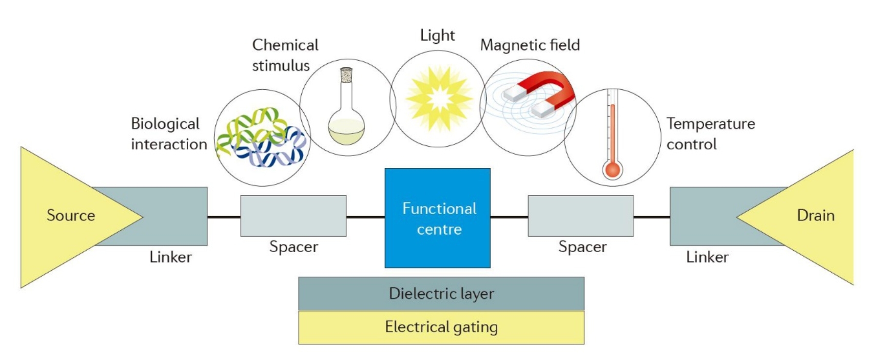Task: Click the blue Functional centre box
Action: coord(437,218)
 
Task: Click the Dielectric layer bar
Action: coord(441,294)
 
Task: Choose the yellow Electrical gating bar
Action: coord(441,327)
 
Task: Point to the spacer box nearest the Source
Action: coord(293,216)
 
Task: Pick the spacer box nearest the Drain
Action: coord(581,216)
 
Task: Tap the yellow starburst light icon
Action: coord(439,99)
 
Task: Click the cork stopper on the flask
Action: coord(346,75)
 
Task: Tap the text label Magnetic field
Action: coord(530,45)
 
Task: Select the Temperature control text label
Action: coord(710,134)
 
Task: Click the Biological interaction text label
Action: coord(169,134)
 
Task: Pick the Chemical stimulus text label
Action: coord(285,55)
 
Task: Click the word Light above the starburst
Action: coord(437,35)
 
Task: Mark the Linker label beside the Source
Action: coord(171,257)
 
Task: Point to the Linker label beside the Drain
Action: coord(707,257)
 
